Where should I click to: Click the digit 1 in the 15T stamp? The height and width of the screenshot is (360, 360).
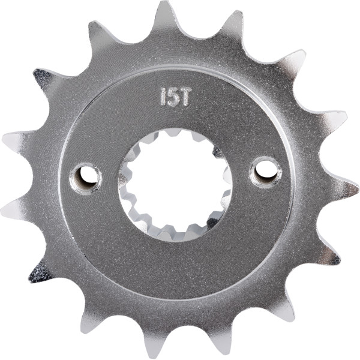click(x=164, y=97)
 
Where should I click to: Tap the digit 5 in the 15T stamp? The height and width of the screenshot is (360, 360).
click(x=174, y=97)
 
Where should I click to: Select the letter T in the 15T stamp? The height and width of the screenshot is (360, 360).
click(x=185, y=97)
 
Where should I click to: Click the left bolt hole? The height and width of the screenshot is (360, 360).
click(x=86, y=179)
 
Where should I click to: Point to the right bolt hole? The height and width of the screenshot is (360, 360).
click(x=266, y=172)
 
